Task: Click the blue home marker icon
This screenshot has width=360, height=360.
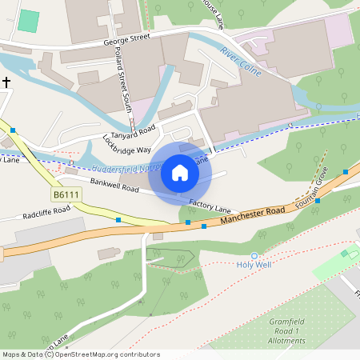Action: (x=180, y=173)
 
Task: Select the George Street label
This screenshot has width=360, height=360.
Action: (x=126, y=38)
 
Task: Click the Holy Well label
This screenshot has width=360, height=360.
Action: (x=255, y=265)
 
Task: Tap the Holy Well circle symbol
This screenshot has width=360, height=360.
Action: (x=255, y=255)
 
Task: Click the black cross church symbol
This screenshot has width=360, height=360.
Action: (x=6, y=82)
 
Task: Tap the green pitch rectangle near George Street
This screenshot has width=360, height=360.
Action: (x=28, y=22)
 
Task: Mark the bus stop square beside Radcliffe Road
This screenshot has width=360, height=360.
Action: (x=118, y=219)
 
